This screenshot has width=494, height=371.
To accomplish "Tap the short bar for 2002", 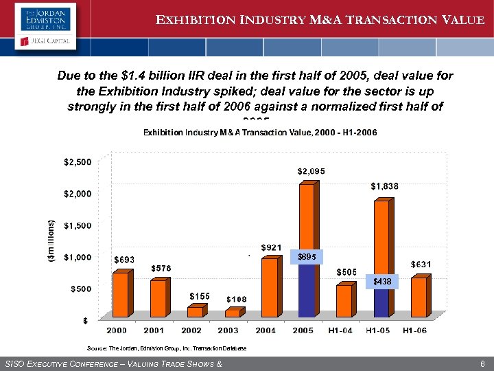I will coord(196,311).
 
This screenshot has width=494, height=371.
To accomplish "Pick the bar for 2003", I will coord(234,313).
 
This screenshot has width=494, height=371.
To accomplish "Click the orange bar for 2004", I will coord(271,286).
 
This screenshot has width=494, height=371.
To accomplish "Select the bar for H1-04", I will coord(344,300).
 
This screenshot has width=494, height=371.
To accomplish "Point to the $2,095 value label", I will coord(311,171).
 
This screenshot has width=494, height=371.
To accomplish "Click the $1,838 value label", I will coord(384,185).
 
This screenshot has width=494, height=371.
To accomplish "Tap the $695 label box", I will coord(306,256).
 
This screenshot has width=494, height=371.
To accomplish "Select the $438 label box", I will coord(381,282).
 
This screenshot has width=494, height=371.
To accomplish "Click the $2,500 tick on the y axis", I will coord(75,162).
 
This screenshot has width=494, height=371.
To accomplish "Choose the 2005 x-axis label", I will coord(303,330).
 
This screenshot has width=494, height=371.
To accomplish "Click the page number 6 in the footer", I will coord(482,363).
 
